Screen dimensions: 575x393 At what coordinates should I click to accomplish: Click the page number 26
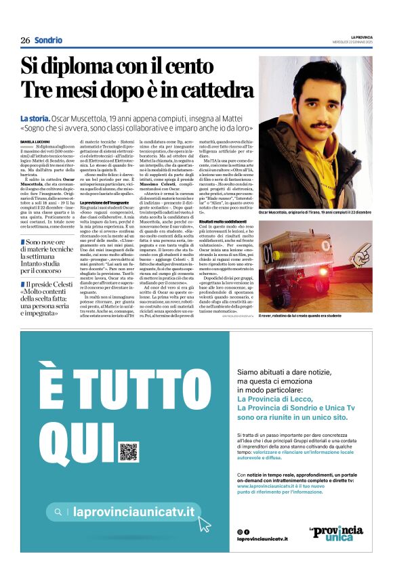click(x=25, y=41)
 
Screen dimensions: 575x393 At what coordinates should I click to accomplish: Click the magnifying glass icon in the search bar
click(x=60, y=513)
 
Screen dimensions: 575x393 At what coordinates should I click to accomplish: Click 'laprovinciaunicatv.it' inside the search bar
click(x=133, y=513)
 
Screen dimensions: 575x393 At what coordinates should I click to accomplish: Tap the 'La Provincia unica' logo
click(x=336, y=533)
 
